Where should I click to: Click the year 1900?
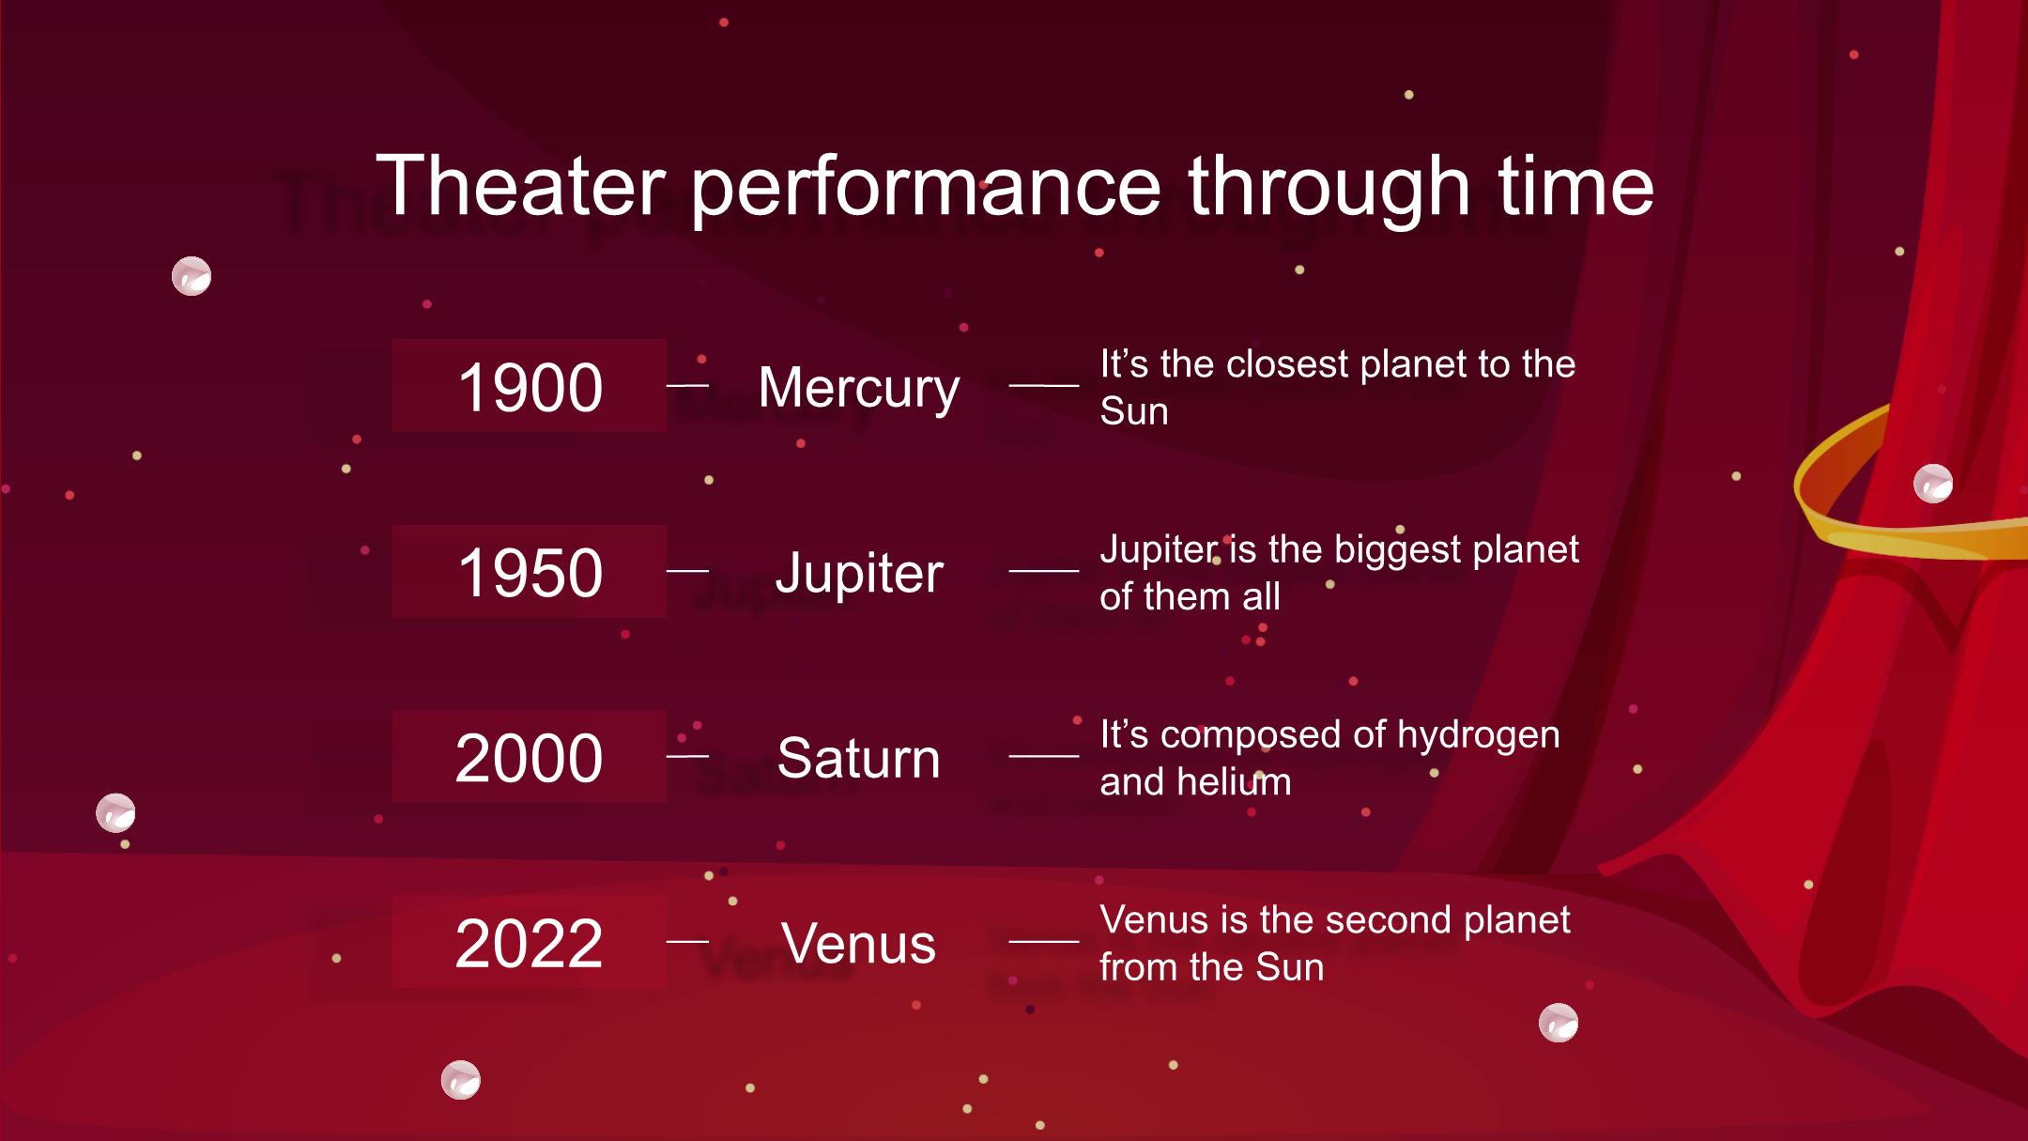click(x=530, y=387)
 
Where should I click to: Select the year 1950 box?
click(x=530, y=571)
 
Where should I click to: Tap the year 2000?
click(x=529, y=758)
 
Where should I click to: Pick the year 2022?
click(x=529, y=943)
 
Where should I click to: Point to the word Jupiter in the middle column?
click(x=859, y=574)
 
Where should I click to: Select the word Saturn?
click(x=859, y=758)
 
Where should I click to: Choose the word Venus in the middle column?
click(x=859, y=943)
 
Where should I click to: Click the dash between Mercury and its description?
click(x=1044, y=385)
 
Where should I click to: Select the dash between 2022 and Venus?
click(x=687, y=941)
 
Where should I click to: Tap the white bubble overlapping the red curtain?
click(x=1933, y=484)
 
